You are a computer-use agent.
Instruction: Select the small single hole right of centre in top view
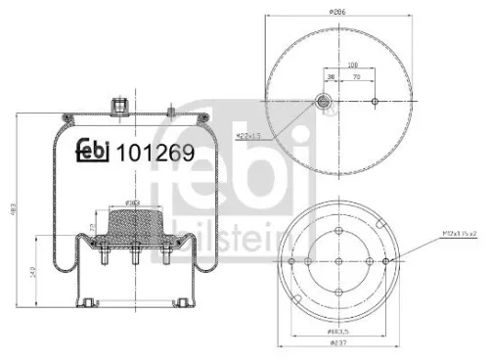tap(375, 101)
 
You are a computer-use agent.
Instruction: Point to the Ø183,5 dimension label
tap(338, 334)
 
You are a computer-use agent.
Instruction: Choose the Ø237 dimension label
tap(338, 344)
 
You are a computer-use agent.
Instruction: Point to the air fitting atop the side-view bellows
tap(121, 101)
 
